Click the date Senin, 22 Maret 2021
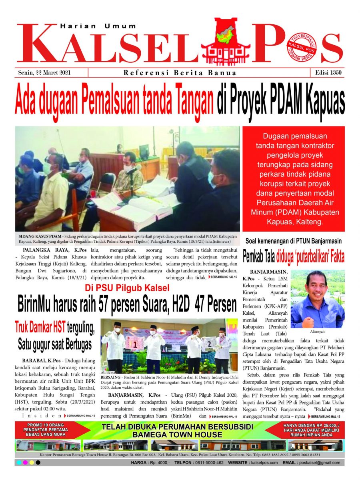pos(47,73)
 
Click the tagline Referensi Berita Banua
pos(180,73)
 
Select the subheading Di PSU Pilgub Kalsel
pos(127,287)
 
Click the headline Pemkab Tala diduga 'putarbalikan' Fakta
pos(294,256)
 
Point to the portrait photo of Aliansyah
pos(317,299)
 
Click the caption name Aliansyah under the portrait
pos(317,332)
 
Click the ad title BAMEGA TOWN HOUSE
pos(177,434)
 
